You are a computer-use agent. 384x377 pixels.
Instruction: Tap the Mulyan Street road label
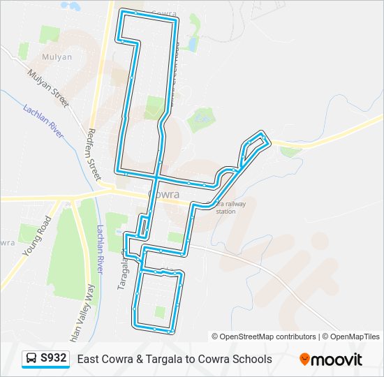tap(48, 87)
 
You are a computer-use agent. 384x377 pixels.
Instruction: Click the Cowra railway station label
tap(226, 207)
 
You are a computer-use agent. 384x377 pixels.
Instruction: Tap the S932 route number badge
tap(54, 359)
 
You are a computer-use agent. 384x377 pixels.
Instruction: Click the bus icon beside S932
tap(31, 359)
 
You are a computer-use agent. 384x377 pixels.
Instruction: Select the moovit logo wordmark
tap(337, 360)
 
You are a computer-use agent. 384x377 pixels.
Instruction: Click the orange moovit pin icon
tap(305, 360)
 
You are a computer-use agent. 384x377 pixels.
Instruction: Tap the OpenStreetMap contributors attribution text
tap(264, 337)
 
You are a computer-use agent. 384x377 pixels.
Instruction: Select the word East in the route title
tap(88, 360)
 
